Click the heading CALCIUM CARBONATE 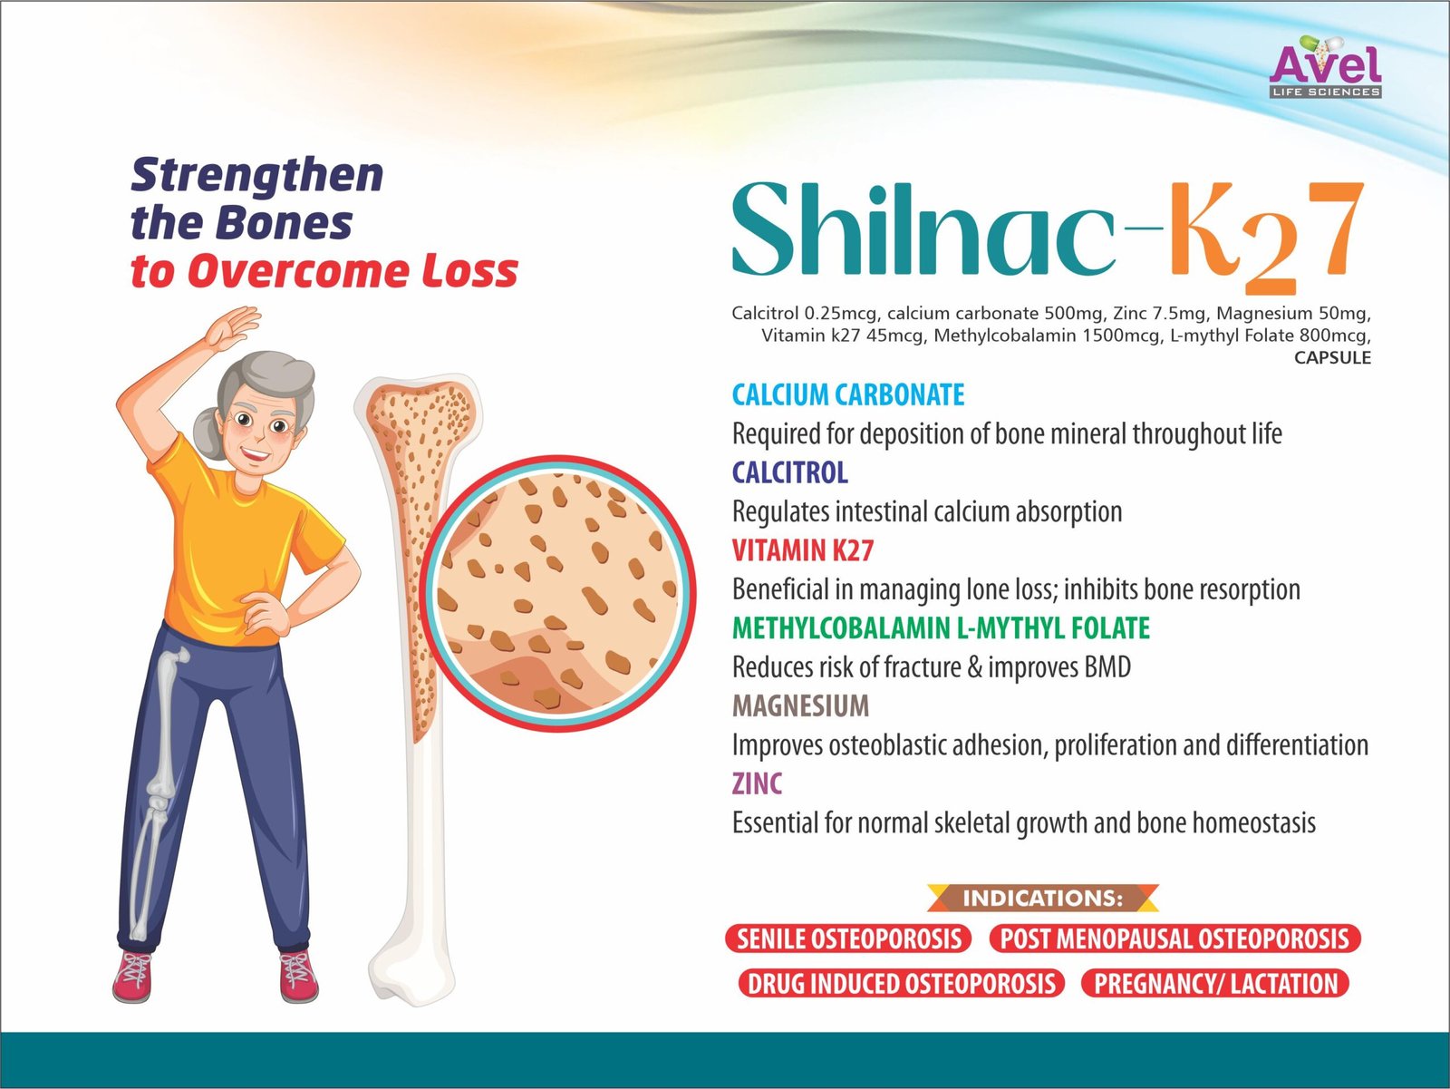pos(848,394)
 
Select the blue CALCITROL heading pos(790,472)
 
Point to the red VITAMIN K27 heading pos(803,549)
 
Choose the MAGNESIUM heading pos(800,705)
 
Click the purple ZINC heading pos(757,783)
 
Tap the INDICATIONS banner pos(1042,899)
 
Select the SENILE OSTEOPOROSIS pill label pos(849,939)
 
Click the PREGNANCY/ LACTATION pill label pos(1215,983)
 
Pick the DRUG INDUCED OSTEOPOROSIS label pos(902,983)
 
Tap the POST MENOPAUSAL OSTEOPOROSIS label pos(1174,939)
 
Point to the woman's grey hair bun pos(208,433)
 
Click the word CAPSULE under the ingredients pos(1332,358)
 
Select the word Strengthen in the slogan pos(257,176)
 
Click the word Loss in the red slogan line pos(471,271)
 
